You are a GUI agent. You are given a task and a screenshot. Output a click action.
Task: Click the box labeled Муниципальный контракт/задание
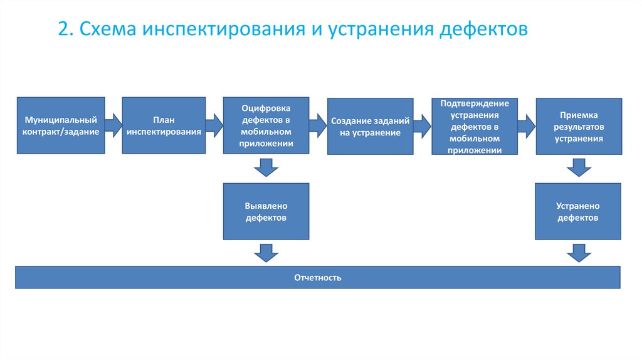point(60,125)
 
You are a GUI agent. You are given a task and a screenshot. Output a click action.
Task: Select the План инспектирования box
point(164,125)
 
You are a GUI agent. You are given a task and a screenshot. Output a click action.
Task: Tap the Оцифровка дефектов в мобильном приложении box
point(266,125)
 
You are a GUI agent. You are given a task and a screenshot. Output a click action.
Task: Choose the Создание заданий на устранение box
point(370,127)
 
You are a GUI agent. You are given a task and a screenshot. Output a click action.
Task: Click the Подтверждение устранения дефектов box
point(475,127)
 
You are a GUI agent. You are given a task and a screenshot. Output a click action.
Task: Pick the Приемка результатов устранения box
point(578,126)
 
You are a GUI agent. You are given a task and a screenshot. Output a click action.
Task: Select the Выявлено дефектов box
point(266,211)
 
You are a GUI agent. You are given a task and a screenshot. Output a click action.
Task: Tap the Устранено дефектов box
point(578,211)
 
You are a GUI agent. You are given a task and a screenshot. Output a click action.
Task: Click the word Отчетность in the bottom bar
point(318,277)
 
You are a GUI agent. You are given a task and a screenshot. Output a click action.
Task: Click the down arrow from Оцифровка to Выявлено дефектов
point(266,167)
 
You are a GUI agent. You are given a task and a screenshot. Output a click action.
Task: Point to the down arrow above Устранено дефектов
point(578,167)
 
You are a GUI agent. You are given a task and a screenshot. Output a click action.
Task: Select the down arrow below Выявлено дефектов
point(266,253)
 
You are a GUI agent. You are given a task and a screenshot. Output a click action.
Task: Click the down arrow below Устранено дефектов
point(578,253)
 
